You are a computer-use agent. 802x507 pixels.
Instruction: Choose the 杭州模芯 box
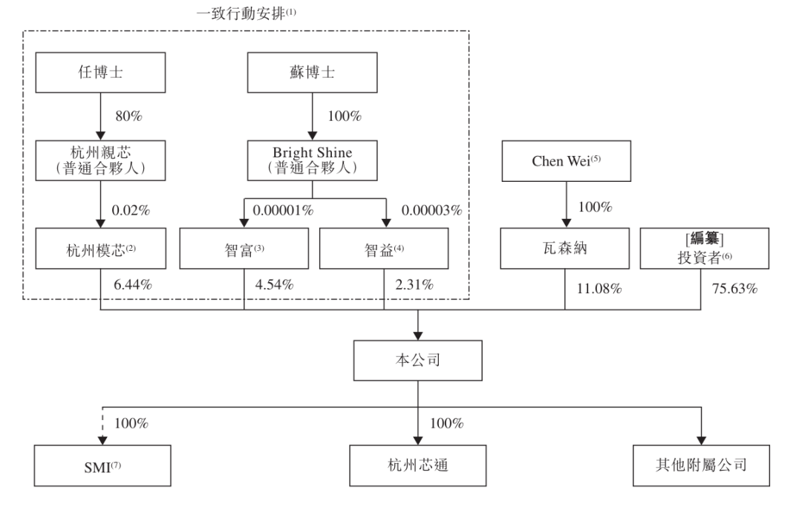[100, 248]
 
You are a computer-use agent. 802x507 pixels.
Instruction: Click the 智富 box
[244, 248]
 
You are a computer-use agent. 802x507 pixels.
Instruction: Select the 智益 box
[384, 248]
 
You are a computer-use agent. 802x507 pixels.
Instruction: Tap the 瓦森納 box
[565, 248]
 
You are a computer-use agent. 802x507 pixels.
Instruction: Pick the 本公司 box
[418, 361]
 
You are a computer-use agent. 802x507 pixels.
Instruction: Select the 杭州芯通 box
[418, 465]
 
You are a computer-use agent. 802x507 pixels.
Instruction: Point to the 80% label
[128, 117]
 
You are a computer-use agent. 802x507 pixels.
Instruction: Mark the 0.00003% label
[431, 210]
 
